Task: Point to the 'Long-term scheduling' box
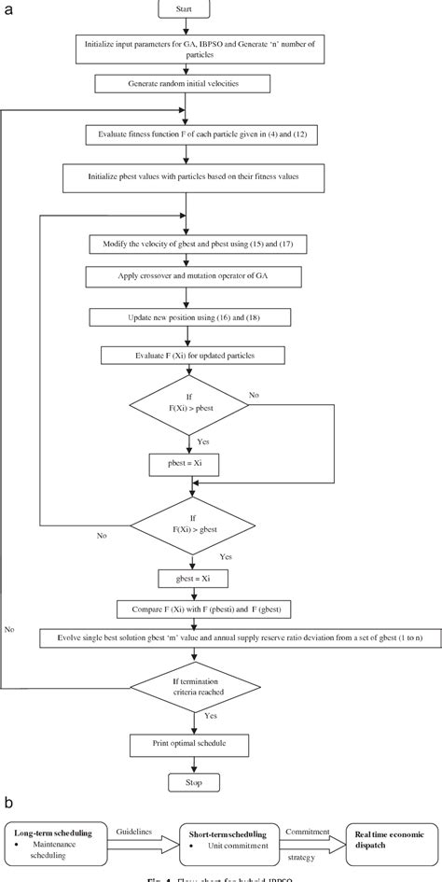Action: (57, 836)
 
